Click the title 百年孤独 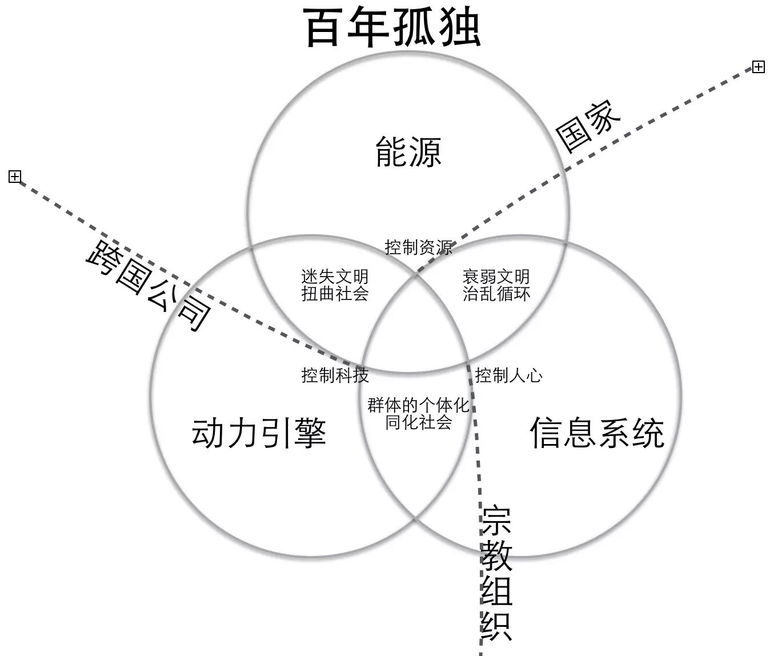(393, 27)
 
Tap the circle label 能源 (408, 152)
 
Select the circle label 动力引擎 (259, 433)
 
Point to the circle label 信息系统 (597, 433)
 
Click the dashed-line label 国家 (588, 126)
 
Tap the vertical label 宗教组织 (496, 573)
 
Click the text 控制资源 (419, 247)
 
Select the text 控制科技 (335, 375)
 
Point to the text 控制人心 (509, 375)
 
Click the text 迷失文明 (335, 277)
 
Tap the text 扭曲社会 (335, 294)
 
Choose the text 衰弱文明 (496, 277)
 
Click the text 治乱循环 (496, 294)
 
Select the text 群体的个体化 (419, 406)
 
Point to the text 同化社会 (419, 423)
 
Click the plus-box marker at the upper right (758, 67)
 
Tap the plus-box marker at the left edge (15, 177)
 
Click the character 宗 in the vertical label (496, 520)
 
